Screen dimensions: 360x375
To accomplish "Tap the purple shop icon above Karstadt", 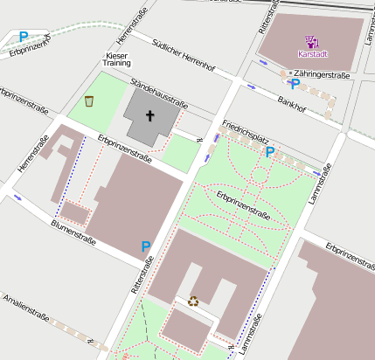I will point(311,41).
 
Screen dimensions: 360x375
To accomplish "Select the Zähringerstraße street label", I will point(322,75).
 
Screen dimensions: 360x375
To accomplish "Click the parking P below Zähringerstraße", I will point(295,85).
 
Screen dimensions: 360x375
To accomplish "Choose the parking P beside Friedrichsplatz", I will point(270,152).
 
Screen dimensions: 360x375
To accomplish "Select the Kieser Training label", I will point(116,59).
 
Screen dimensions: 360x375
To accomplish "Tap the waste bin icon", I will point(89,101).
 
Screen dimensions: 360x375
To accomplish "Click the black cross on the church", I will point(149,115).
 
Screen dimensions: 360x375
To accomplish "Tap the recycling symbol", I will point(193,301).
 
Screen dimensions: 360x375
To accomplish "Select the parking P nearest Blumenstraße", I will point(145,247).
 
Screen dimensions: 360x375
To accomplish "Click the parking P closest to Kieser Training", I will point(24,37).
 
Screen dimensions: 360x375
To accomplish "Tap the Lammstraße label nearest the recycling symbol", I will point(246,336).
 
